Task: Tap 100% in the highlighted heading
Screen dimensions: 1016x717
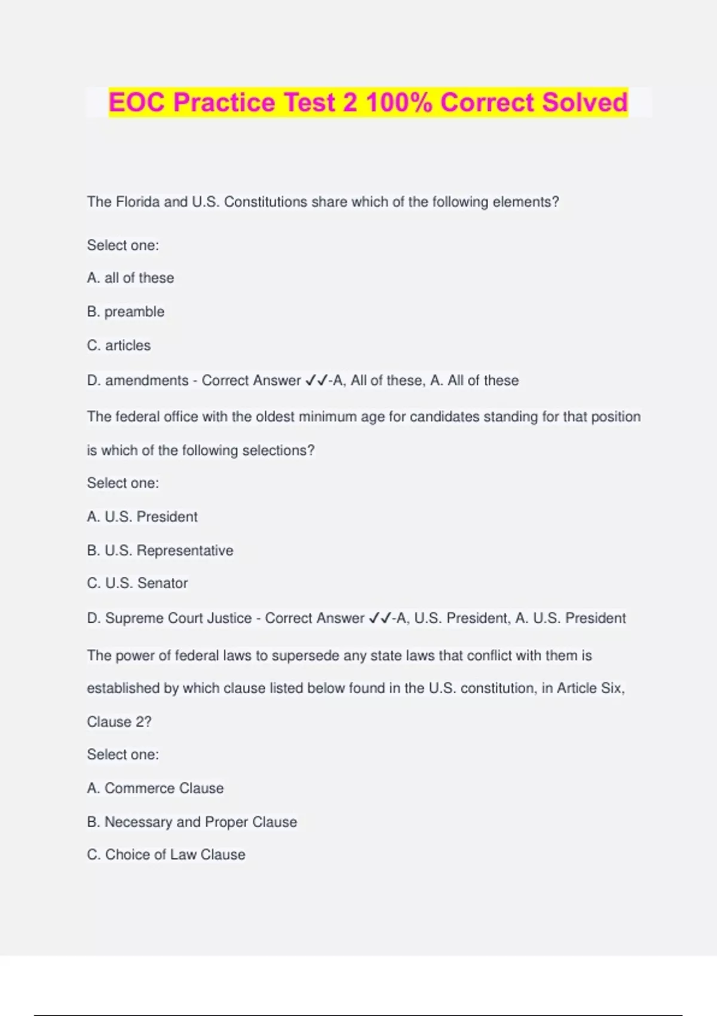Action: point(399,102)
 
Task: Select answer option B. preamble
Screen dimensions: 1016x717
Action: point(125,311)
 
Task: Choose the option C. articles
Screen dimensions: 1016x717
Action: point(119,345)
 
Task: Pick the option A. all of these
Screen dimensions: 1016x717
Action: point(130,278)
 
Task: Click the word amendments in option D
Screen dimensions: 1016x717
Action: point(146,380)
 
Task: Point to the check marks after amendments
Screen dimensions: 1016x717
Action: point(316,380)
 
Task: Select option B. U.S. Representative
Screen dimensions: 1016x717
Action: point(160,550)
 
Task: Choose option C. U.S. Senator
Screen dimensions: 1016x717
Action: point(137,583)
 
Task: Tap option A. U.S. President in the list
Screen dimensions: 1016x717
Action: point(142,517)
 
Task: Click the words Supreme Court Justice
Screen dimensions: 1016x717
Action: point(178,618)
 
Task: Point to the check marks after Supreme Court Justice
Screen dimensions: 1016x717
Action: point(380,618)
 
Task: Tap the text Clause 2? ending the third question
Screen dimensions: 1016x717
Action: point(119,722)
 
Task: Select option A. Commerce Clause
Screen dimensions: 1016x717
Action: point(155,788)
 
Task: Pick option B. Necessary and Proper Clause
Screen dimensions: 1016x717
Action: point(192,822)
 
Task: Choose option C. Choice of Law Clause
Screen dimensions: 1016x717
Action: point(166,855)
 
